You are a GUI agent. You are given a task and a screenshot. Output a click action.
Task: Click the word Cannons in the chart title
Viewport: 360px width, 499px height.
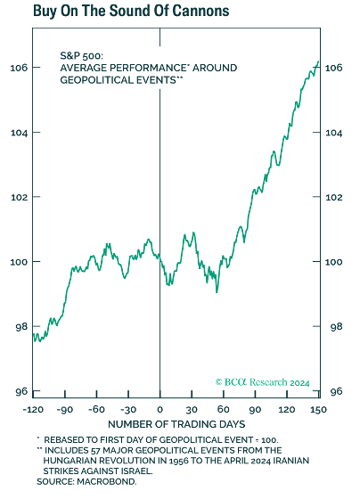tap(196, 12)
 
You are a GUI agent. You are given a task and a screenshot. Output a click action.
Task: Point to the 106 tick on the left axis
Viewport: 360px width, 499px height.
tap(19, 68)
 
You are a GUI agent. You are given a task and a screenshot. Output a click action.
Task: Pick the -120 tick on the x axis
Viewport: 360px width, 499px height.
tap(35, 408)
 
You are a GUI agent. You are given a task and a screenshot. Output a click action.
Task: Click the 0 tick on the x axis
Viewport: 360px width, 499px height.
tap(160, 408)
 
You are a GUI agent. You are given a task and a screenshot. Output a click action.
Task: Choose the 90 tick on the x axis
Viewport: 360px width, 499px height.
tap(255, 408)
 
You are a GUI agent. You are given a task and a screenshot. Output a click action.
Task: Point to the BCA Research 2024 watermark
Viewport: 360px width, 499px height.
tap(262, 382)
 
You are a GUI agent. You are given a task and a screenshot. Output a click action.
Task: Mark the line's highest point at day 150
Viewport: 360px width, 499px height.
tap(318, 61)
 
